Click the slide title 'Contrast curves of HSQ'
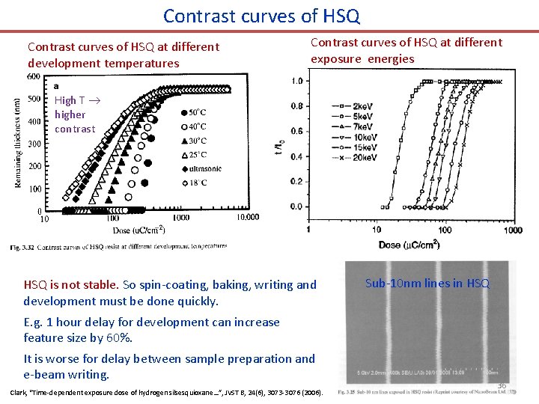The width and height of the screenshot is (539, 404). click(261, 15)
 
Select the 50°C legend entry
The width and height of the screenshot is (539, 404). click(196, 112)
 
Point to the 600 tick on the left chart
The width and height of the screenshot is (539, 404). click(34, 76)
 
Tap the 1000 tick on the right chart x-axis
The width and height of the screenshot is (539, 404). click(512, 230)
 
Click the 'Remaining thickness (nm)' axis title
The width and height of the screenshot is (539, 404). click(18, 143)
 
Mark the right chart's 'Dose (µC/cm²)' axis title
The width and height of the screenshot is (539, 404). click(409, 244)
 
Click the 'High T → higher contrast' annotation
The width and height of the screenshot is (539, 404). click(75, 114)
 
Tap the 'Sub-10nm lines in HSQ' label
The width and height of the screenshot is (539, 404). click(427, 283)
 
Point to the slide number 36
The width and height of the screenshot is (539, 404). click(501, 385)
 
